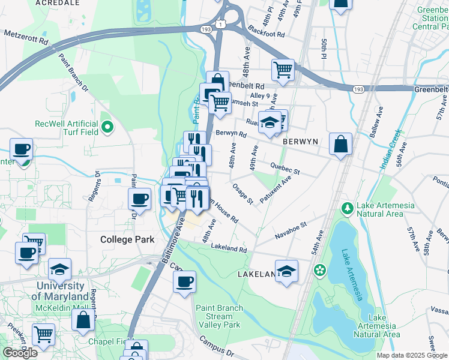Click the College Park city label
click(127, 239)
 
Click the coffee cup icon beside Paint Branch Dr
click(140, 199)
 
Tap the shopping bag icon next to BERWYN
click(340, 144)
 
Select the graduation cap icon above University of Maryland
click(60, 269)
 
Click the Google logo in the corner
click(20, 353)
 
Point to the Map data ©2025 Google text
click(412, 355)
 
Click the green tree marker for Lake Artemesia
click(347, 209)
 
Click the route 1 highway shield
click(221, 23)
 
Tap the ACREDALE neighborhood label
click(58, 3)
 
